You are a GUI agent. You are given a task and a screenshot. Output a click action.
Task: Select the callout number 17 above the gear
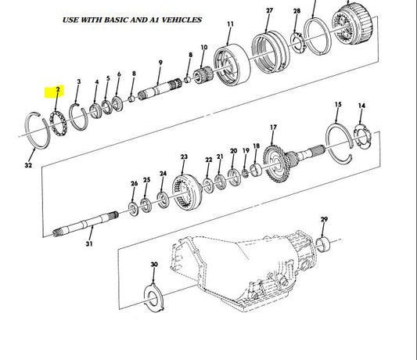point(273,127)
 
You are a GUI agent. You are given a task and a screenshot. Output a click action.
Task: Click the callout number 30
point(153,265)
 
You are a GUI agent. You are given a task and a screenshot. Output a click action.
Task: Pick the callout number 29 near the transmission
point(324,220)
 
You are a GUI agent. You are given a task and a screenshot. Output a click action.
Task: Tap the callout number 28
point(297,12)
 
